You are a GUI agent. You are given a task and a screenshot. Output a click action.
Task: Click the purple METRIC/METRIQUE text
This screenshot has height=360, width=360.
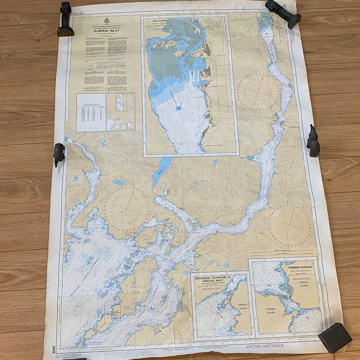click(x=265, y=346)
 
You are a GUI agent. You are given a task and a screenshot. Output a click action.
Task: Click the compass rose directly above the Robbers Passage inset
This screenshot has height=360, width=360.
click(x=290, y=226)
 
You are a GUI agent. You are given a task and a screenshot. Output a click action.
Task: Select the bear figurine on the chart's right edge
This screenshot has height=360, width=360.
click(x=313, y=141)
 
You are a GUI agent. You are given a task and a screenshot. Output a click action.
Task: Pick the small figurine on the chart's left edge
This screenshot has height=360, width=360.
click(x=59, y=154)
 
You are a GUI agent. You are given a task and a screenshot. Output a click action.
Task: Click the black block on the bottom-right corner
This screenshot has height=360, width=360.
click(x=334, y=337)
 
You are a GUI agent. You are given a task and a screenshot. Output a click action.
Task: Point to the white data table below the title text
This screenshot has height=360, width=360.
click(x=91, y=112)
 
